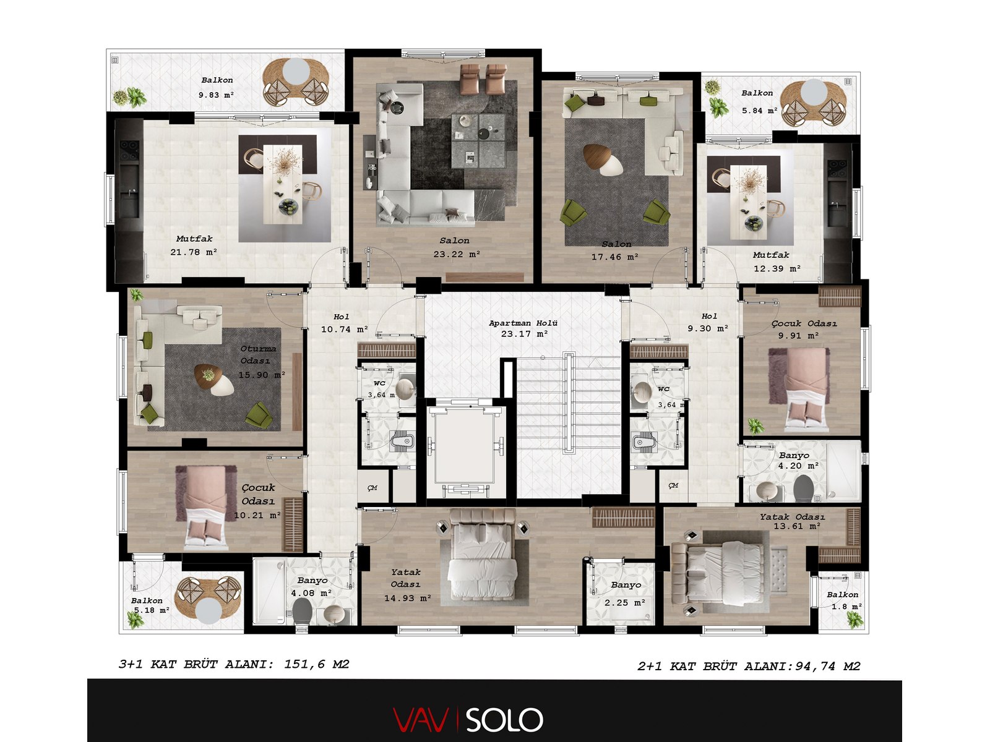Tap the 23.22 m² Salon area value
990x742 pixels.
457,254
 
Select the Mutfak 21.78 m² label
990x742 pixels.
194,245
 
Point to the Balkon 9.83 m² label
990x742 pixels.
217,87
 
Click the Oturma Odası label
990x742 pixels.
258,354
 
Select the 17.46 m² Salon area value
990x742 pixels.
615,257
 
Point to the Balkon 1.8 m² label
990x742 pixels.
843,600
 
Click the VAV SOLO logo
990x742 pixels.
468,720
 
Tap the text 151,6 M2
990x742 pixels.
317,664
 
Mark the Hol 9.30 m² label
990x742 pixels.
708,323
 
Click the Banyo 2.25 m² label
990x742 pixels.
626,594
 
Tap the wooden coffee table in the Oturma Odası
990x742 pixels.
214,379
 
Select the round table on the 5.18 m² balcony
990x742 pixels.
209,613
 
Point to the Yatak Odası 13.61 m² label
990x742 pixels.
793,521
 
